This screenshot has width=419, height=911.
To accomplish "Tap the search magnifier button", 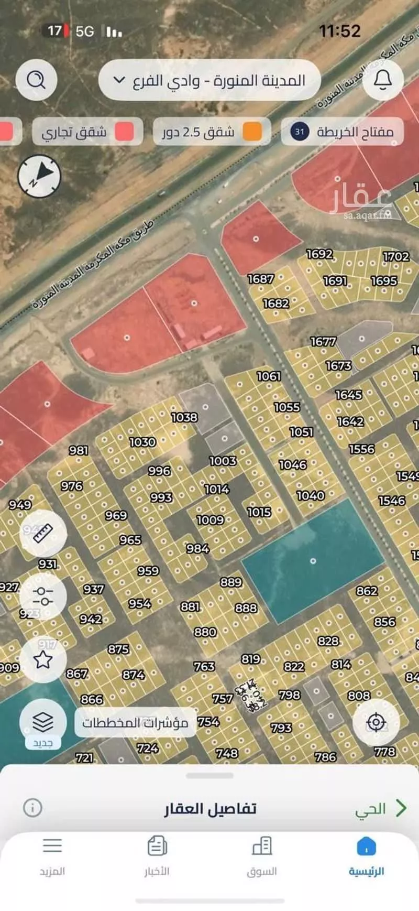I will click(36, 80).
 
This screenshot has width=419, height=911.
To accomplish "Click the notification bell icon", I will click(383, 80).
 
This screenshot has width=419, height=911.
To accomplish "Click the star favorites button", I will click(43, 659).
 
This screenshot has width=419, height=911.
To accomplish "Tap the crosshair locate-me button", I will click(376, 722).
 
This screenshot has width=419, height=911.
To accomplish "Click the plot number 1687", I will click(261, 279).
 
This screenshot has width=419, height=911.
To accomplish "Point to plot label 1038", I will click(184, 417).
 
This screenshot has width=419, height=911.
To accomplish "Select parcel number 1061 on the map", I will click(269, 376).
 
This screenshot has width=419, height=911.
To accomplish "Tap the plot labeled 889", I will click(231, 582).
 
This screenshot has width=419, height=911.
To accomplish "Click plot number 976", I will click(72, 486).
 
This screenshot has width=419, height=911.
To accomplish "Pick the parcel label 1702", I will click(396, 256).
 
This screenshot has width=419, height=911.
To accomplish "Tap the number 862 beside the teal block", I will click(367, 591).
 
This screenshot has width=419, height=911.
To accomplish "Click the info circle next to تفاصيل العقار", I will click(32, 807).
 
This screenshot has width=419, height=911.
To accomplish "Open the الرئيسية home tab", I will click(366, 856).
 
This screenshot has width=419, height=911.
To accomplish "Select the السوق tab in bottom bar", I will click(261, 856).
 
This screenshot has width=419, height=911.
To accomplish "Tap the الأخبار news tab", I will click(157, 856).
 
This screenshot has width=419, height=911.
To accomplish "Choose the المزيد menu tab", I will click(52, 856).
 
